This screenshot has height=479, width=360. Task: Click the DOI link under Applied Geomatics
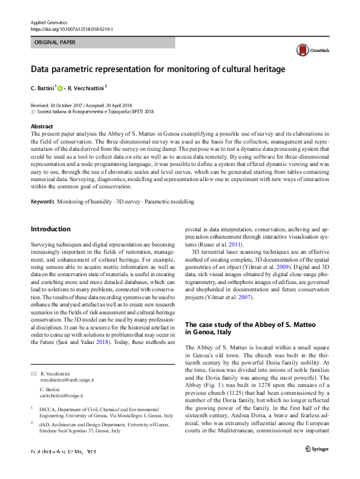tap(72, 29)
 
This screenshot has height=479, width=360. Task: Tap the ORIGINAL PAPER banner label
tap(55, 43)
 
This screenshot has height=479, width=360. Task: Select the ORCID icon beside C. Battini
tap(61, 88)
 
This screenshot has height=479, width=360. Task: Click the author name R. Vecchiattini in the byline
tap(86, 88)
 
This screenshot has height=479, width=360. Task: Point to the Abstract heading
tap(42, 127)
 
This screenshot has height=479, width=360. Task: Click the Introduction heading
tap(50, 229)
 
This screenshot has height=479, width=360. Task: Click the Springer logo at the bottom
tap(316, 449)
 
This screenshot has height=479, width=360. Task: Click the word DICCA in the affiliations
tap(47, 410)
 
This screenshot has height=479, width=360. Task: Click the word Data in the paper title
tap(42, 69)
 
